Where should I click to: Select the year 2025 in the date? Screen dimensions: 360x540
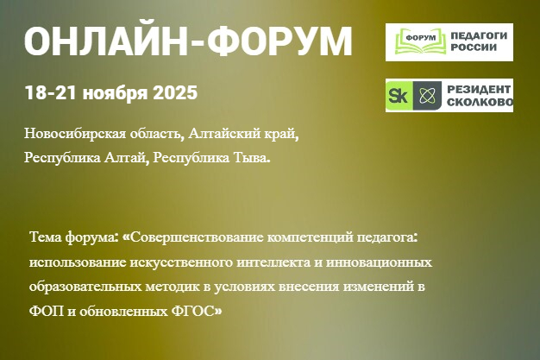175,92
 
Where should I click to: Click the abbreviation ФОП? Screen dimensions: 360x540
45,310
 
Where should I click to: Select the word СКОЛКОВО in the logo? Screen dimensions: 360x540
480,104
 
